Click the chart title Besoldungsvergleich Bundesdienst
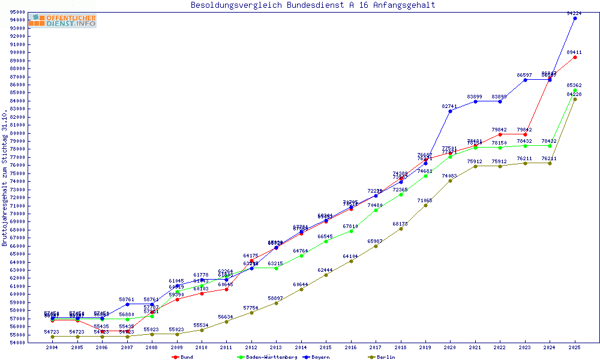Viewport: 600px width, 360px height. (x=313, y=5)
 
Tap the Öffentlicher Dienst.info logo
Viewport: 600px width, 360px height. (x=62, y=20)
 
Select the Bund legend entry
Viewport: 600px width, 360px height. (x=182, y=357)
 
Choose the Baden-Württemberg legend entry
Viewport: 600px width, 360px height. (x=267, y=357)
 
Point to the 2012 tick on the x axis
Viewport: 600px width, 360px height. (x=251, y=347)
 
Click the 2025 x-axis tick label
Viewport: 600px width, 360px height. (x=575, y=347)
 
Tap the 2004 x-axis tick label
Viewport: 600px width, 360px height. (x=53, y=347)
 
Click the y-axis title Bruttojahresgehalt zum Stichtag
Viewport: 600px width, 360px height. (x=5, y=178)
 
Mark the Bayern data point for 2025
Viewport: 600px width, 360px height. (x=575, y=18)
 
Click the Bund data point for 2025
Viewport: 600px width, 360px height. (x=575, y=57)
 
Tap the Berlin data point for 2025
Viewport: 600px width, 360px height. (x=575, y=99)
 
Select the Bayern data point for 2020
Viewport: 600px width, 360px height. (x=450, y=111)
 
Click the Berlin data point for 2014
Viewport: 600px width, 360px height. (x=301, y=289)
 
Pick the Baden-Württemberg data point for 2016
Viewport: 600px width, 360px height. (x=351, y=231)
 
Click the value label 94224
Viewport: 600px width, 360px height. (x=575, y=13)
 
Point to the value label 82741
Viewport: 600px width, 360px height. (x=450, y=106)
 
